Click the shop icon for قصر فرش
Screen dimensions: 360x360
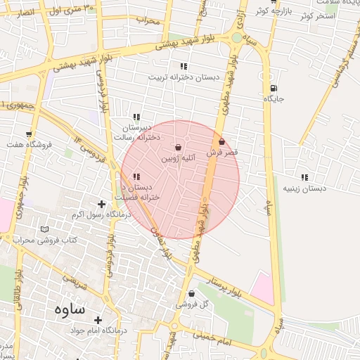click(222, 142)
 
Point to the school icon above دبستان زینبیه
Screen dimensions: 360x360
click(304, 177)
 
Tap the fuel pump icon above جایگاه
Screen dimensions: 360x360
click(273, 89)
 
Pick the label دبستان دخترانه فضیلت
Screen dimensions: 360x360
click(141, 192)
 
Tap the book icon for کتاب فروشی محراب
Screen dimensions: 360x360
click(45, 230)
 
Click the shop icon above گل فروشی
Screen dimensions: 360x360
click(191, 294)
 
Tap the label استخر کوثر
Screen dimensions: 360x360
click(316, 15)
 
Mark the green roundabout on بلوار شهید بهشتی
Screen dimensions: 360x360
click(237, 37)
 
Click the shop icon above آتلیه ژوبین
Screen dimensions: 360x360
click(178, 148)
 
